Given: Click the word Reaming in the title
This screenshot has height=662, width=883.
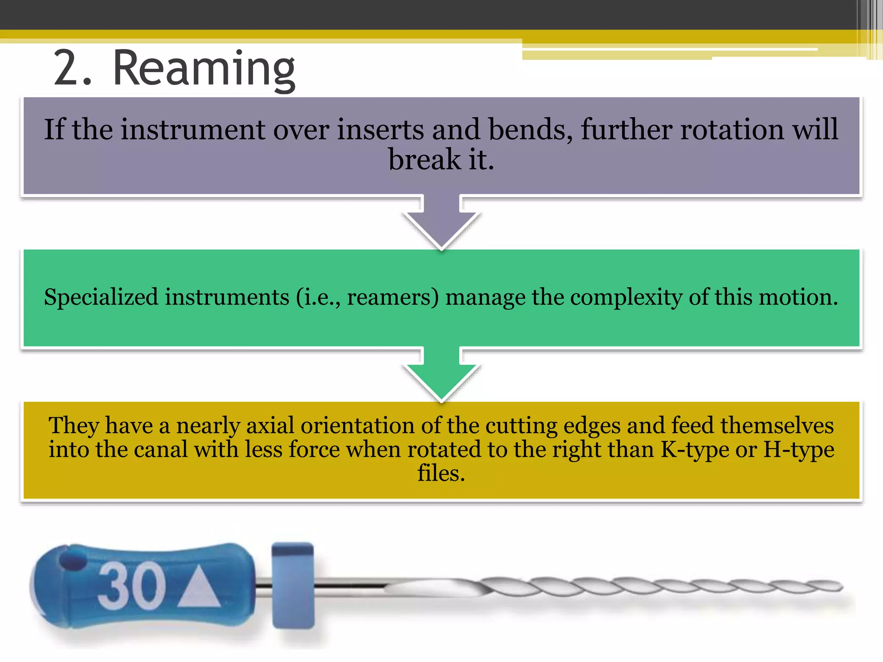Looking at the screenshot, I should pyautogui.click(x=204, y=69).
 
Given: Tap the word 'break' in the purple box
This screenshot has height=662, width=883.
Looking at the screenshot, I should pyautogui.click(x=424, y=159).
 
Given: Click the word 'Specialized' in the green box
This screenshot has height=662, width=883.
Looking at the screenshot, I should pyautogui.click(x=101, y=297).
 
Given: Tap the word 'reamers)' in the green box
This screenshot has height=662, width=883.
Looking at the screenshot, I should pyautogui.click(x=393, y=297).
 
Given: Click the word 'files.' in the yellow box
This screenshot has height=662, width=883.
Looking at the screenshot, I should pyautogui.click(x=441, y=473).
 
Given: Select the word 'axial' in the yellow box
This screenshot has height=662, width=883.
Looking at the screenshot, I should pyautogui.click(x=269, y=426).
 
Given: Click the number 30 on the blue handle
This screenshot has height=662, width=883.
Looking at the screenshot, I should pyautogui.click(x=131, y=586).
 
